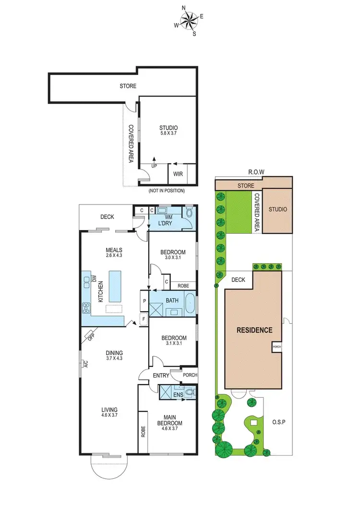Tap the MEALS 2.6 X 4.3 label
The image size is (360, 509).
tap(114, 253)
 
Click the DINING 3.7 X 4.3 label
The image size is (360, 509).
tap(114, 354)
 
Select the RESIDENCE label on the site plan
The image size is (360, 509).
tap(254, 330)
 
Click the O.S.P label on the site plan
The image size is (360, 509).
tap(278, 423)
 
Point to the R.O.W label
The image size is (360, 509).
tap(253, 172)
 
